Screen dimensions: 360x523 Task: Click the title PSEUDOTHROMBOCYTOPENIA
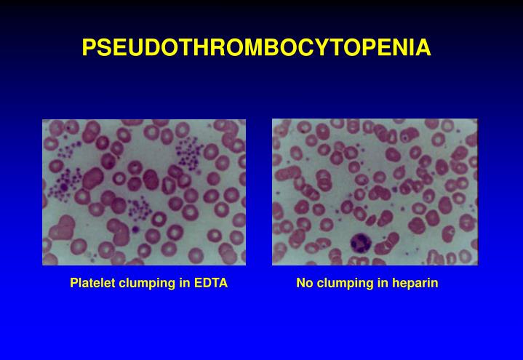pyautogui.click(x=256, y=48)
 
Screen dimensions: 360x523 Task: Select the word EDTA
pyautogui.click(x=211, y=283)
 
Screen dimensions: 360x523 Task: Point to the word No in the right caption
pyautogui.click(x=303, y=283)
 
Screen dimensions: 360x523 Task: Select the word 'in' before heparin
pyautogui.click(x=382, y=283)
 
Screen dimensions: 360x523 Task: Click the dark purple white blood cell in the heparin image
pyautogui.click(x=361, y=243)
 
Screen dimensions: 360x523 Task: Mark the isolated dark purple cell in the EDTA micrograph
pyautogui.click(x=135, y=230)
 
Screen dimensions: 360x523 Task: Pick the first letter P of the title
pyautogui.click(x=89, y=48)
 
